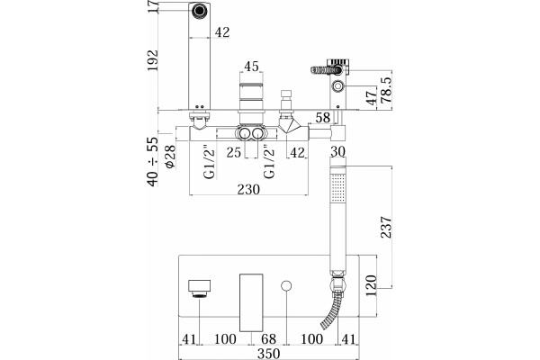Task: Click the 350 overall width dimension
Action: (x=268, y=354)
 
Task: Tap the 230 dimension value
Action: (x=248, y=189)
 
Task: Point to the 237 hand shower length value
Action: (x=386, y=227)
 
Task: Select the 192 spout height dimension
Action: (x=153, y=60)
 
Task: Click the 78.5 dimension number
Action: (x=386, y=90)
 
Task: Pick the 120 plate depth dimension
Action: (x=371, y=285)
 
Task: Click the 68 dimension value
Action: (x=268, y=339)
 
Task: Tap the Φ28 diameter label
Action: (x=170, y=157)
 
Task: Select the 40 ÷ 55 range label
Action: (x=153, y=162)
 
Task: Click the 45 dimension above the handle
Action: (x=251, y=67)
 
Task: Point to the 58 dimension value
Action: (x=323, y=118)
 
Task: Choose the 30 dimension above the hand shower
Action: (x=337, y=151)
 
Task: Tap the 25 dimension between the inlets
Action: (x=234, y=152)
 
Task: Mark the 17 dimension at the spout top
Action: (x=153, y=7)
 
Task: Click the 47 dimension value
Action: (x=371, y=98)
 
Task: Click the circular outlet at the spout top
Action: (x=200, y=10)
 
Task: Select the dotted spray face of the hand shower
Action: (x=337, y=187)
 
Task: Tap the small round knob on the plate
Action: (x=286, y=285)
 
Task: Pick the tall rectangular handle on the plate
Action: (x=251, y=302)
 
